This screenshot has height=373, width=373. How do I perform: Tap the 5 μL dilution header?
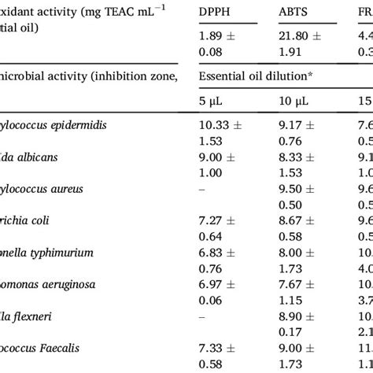[x=210, y=102]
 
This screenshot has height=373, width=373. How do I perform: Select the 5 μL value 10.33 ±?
[x=218, y=125]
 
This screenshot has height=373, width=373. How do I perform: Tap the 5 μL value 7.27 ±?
[x=215, y=221]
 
